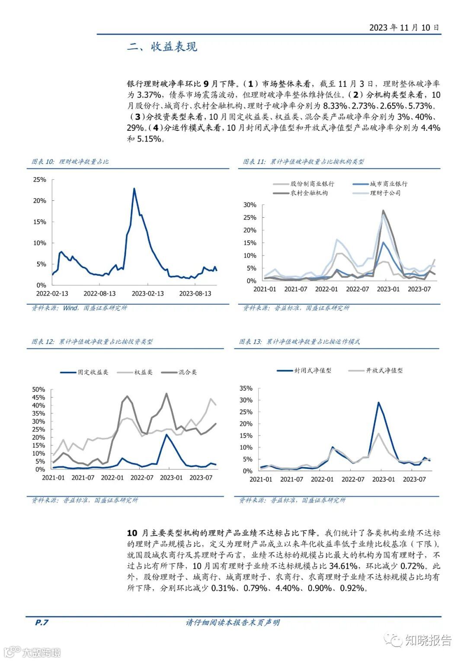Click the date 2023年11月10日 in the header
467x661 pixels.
[404, 27]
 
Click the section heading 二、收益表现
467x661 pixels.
[162, 47]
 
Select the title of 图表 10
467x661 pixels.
[70, 161]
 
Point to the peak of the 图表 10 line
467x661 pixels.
[134, 189]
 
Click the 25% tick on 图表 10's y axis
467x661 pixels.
[40, 180]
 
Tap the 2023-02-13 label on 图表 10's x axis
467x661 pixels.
[148, 293]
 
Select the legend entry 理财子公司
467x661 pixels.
[385, 193]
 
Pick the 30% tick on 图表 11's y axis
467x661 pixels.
[250, 205]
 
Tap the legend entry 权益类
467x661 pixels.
[143, 372]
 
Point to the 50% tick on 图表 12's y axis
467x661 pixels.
[38, 390]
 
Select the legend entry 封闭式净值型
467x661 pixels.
[313, 371]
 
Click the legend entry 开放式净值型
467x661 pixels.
[384, 371]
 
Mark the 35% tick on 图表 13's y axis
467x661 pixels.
[246, 388]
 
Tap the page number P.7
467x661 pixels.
[42, 622]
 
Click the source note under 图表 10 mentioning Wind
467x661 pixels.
[80, 308]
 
